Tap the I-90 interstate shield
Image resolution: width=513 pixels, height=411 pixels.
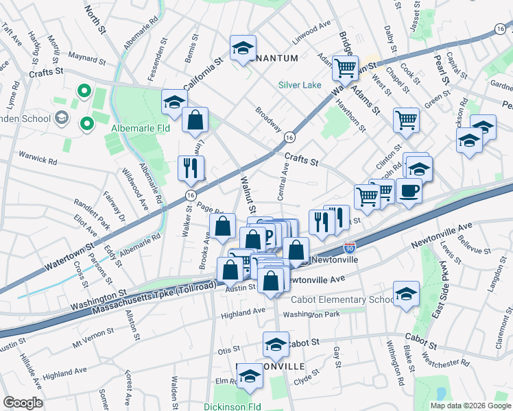coord(350,246)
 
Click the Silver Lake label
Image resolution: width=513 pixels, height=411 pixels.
coord(299,86)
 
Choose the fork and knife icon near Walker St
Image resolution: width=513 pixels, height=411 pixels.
coord(191,168)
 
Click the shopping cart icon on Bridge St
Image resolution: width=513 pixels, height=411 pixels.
coord(345,68)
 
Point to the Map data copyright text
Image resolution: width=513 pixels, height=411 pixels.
coord(470,406)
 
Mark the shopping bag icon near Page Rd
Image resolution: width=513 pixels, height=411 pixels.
coord(223,226)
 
